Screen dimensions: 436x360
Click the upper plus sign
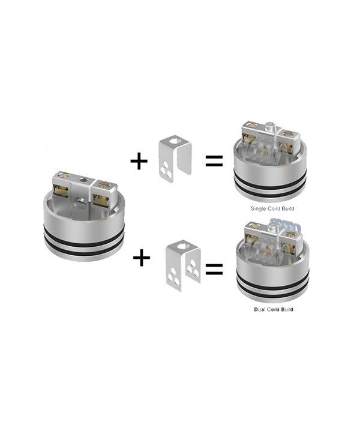[139, 161]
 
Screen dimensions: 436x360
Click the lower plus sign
[142, 258]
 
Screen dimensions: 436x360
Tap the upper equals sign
[214, 161]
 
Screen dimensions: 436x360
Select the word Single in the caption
[260, 208]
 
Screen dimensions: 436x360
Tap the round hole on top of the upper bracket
[173, 143]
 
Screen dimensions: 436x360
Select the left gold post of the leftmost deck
[61, 192]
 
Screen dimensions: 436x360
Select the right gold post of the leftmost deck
[106, 192]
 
